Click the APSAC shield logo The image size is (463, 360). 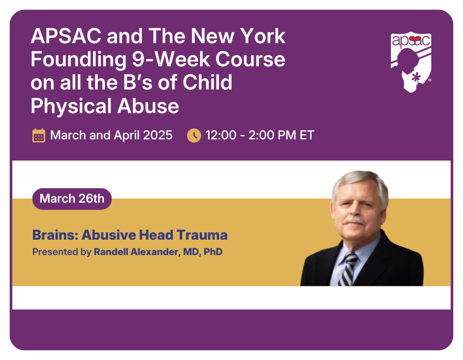pyautogui.click(x=411, y=62)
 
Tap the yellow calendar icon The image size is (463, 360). pyautogui.click(x=39, y=135)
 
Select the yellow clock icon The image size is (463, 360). pyautogui.click(x=194, y=135)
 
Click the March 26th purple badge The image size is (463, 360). pyautogui.click(x=72, y=199)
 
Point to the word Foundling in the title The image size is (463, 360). pyautogui.click(x=79, y=60)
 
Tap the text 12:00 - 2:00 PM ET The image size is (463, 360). pyautogui.click(x=260, y=135)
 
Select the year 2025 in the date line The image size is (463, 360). pyautogui.click(x=157, y=135)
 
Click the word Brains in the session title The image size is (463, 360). pyautogui.click(x=55, y=235)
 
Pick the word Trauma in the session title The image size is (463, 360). pyautogui.click(x=202, y=235)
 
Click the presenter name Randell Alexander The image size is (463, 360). pyautogui.click(x=136, y=252)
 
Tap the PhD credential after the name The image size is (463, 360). pyautogui.click(x=213, y=252)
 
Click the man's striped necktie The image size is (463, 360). pyautogui.click(x=348, y=269)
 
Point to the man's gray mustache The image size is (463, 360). pyautogui.click(x=354, y=220)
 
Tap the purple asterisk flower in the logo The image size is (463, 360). pyautogui.click(x=416, y=78)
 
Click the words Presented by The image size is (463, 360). pyautogui.click(x=62, y=252)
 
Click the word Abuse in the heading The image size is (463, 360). pyautogui.click(x=148, y=106)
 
